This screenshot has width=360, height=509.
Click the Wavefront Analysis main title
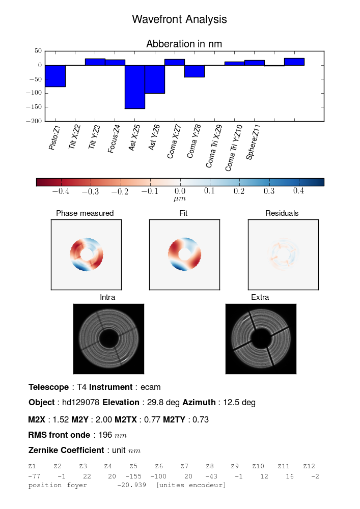[179, 19]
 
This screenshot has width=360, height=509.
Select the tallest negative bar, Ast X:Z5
[135, 87]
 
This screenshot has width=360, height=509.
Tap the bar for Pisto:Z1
[55, 76]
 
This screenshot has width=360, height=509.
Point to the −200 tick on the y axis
[35, 121]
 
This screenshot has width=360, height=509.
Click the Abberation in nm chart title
[184, 44]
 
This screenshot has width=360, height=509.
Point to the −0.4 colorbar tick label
[60, 191]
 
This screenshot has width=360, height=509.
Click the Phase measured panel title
[85, 213]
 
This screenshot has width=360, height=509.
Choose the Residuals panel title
[282, 213]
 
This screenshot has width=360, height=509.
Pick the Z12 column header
[309, 466]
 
